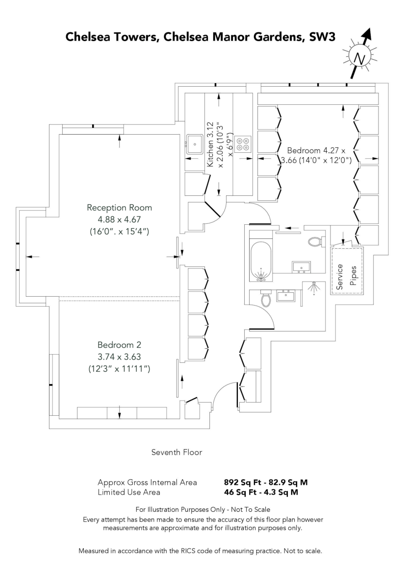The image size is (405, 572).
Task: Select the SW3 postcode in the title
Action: (x=319, y=38)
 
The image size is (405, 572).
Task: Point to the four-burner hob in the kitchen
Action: (x=242, y=143)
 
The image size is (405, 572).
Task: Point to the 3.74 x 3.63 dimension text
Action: (x=116, y=356)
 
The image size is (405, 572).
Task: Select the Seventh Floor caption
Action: (x=177, y=452)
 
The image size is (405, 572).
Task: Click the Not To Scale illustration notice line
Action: (x=202, y=510)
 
